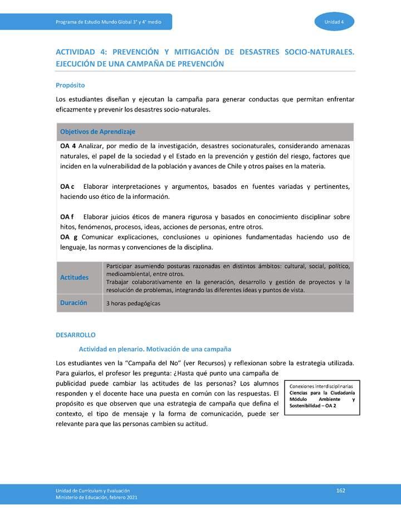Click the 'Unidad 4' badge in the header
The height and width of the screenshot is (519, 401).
click(x=334, y=22)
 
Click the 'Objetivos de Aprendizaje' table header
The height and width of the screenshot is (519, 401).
click(x=97, y=131)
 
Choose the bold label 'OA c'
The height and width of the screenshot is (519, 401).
click(x=67, y=187)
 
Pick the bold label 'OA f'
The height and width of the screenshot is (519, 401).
click(x=67, y=217)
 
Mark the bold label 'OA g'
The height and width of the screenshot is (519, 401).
click(x=68, y=237)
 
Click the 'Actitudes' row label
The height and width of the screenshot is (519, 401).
click(x=74, y=277)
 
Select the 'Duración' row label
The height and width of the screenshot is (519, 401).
click(x=74, y=303)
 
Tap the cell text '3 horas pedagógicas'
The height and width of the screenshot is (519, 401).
click(x=133, y=303)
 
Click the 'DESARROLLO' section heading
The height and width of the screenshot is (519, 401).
click(x=76, y=335)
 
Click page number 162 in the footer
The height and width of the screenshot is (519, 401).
click(x=341, y=490)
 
